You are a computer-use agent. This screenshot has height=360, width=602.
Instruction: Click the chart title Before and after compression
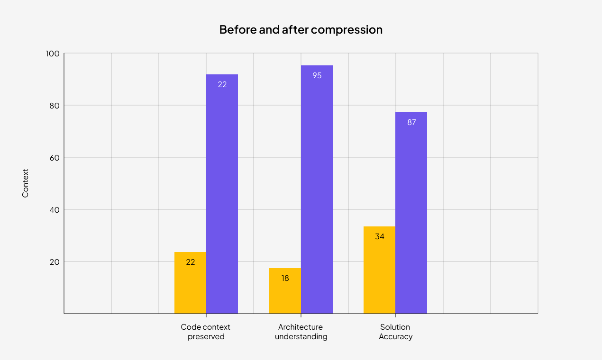tap(301, 29)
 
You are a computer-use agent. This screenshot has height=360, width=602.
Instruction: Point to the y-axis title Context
tap(26, 183)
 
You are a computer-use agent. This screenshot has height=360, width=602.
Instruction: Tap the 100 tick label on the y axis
tap(52, 54)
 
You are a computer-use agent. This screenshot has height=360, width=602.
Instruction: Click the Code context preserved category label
tap(206, 332)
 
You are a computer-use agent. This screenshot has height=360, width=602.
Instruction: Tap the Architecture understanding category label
tap(301, 332)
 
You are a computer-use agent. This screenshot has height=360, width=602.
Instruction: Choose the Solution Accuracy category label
tap(395, 332)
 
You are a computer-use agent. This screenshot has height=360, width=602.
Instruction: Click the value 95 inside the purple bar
tap(317, 75)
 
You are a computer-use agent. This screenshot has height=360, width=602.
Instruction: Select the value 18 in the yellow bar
tap(285, 278)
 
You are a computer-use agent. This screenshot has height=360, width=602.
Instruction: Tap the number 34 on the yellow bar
tap(379, 236)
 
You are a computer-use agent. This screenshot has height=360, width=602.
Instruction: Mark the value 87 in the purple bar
tap(411, 122)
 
